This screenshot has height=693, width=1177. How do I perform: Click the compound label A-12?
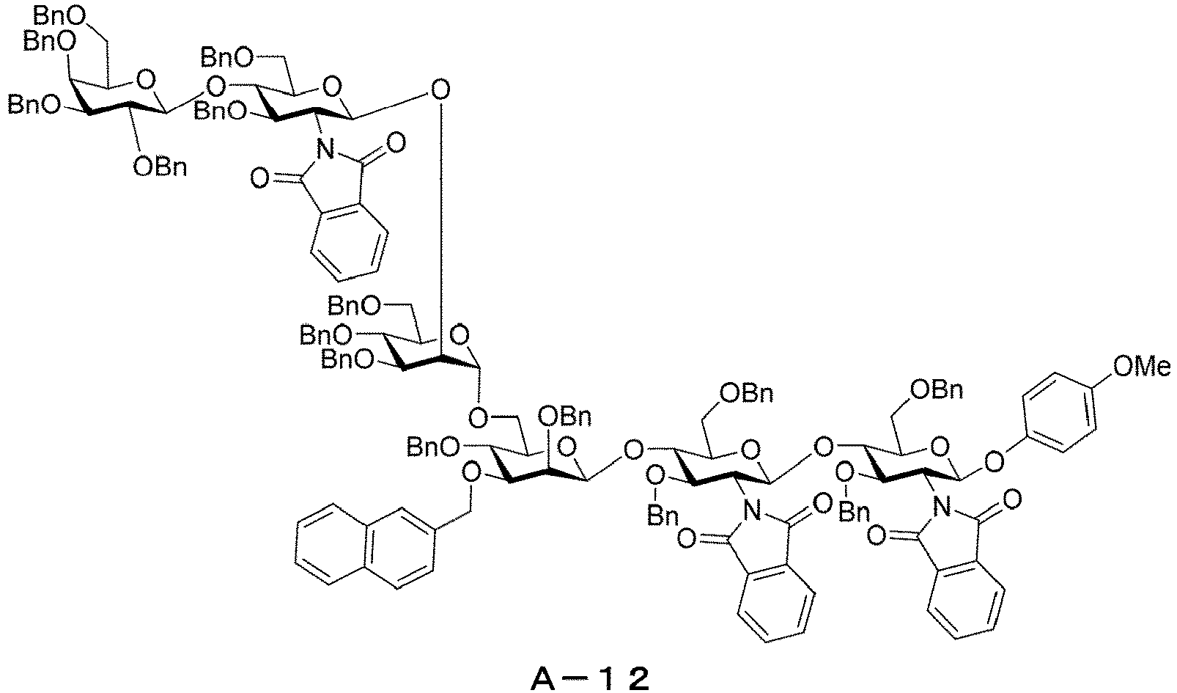coord(589,679)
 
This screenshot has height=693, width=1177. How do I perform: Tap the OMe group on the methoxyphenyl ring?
coord(1141,366)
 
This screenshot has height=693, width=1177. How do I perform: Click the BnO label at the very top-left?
coord(59,17)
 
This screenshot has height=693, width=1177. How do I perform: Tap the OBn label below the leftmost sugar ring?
coord(160,168)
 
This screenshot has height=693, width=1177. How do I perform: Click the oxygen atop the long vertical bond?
coord(440,90)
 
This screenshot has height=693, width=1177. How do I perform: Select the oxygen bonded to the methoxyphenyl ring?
coord(994,463)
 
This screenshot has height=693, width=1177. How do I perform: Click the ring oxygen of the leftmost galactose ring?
coord(145,81)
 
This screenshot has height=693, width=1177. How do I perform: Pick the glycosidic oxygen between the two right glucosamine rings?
coord(823,448)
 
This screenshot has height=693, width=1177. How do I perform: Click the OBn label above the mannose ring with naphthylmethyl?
coord(564,417)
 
